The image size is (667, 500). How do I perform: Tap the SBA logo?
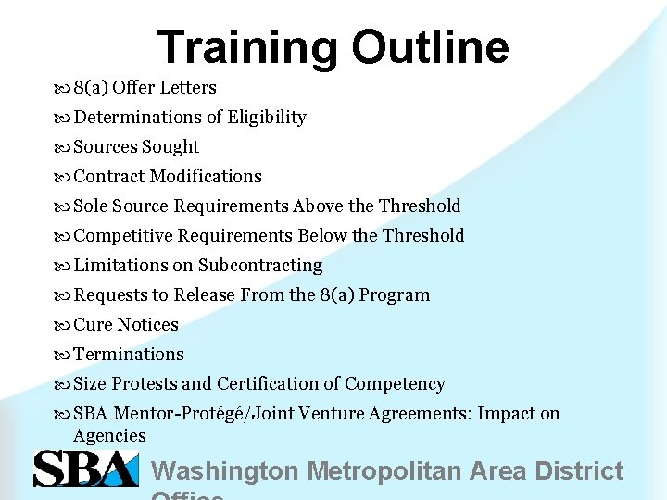point(86,469)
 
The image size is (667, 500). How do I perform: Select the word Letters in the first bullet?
point(188,88)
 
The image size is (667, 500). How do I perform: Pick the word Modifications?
point(206,177)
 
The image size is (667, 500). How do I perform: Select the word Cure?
point(93,325)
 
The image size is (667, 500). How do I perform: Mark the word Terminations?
point(129,355)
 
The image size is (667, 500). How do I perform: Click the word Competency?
point(396,384)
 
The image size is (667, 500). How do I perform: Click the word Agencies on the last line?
point(109,436)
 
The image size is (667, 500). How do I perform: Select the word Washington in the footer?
point(225,471)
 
